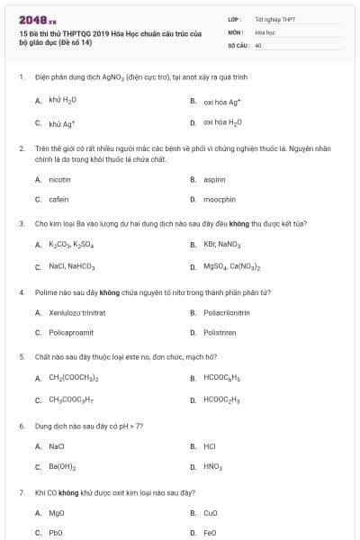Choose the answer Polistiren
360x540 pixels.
(219, 332)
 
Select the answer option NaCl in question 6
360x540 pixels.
(57, 445)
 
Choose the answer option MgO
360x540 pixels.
(57, 512)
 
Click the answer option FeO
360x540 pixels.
(210, 532)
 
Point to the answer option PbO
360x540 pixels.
(56, 532)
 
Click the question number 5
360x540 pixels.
(22, 356)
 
